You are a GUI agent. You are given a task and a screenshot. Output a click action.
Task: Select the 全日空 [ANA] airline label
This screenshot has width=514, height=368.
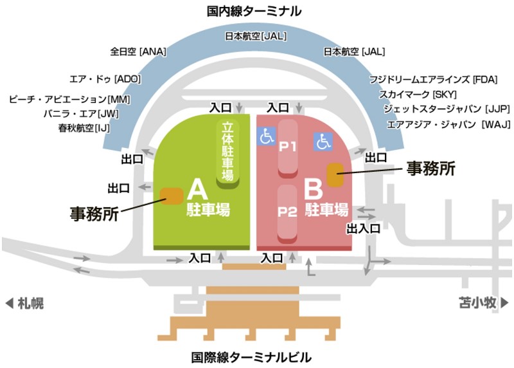click(137, 51)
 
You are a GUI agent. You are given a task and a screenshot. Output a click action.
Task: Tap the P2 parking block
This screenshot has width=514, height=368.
click(287, 212)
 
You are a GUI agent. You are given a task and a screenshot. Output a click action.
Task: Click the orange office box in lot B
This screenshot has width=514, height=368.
click(335, 175)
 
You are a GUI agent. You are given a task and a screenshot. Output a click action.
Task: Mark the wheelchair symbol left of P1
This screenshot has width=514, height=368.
click(265, 136)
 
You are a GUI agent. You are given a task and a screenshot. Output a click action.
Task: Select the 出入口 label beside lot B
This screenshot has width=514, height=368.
click(364, 228)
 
